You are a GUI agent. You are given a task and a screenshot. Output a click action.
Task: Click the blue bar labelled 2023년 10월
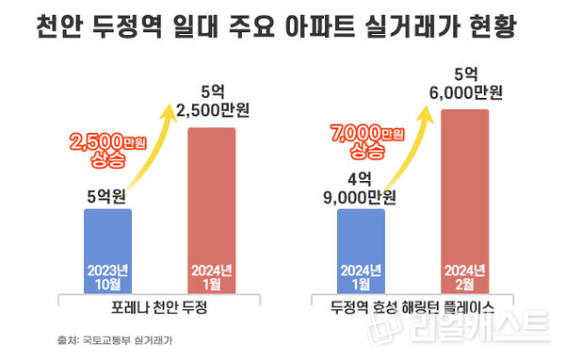(115, 250)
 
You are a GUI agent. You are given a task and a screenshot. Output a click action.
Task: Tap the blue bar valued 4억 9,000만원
(354, 250)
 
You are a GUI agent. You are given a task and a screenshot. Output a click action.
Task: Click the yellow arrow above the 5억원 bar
(160, 151)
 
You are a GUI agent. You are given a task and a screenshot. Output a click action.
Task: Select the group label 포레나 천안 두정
(166, 308)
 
